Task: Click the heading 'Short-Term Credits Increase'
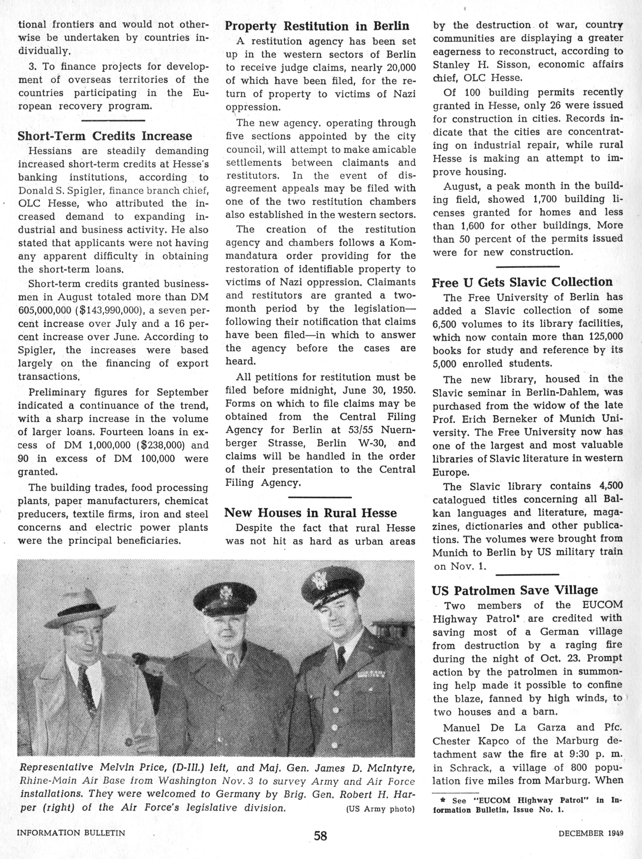pos(105,136)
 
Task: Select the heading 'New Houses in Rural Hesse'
pos(310,513)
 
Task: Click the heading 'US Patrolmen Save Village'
pos(515,590)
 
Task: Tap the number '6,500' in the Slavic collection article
pos(446,324)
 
